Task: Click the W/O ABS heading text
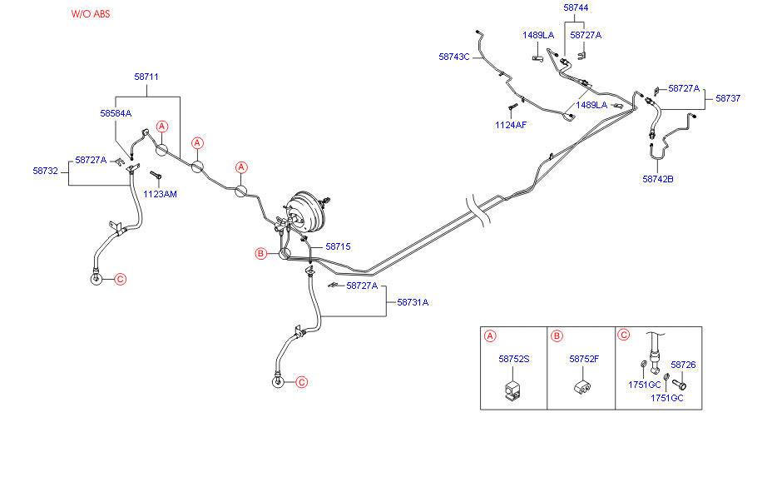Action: tap(90, 15)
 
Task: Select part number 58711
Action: tap(146, 77)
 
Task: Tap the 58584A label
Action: tap(116, 112)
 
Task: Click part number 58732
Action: tap(45, 171)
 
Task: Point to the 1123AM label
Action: tap(160, 194)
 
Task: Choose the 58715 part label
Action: tap(338, 247)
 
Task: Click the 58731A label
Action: tap(413, 302)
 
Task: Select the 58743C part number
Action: tap(454, 57)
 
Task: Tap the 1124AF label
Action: tap(511, 125)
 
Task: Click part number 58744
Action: tap(576, 7)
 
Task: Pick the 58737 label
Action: tap(728, 97)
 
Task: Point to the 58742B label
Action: tap(658, 179)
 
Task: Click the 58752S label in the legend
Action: tap(514, 360)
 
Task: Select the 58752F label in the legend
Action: tap(585, 360)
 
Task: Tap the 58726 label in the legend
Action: tap(683, 365)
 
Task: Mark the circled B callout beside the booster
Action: tap(260, 253)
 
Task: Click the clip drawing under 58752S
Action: tap(513, 390)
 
